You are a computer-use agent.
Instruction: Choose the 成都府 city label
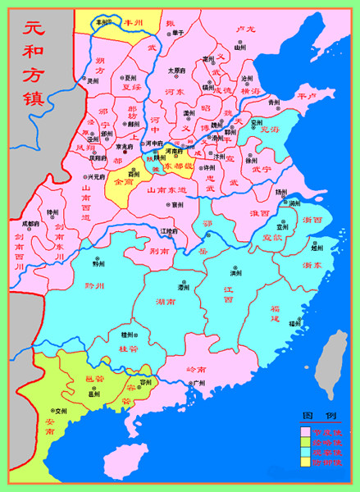30,223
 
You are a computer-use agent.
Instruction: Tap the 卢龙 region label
245,29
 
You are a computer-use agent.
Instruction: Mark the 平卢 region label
305,96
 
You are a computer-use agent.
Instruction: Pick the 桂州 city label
127,335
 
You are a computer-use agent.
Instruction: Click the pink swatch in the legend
305,430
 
